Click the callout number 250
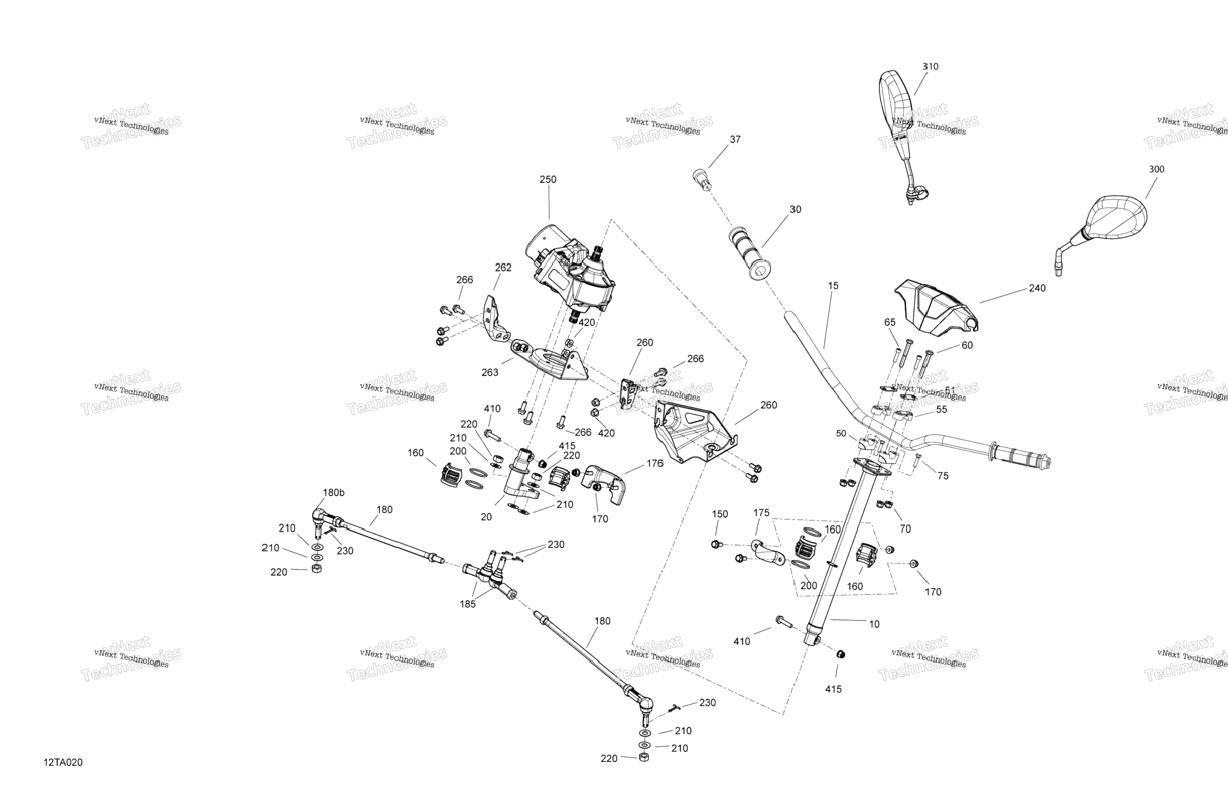(x=547, y=180)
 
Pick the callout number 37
(x=735, y=139)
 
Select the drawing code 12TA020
(x=63, y=763)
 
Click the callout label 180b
(x=333, y=493)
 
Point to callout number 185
(x=468, y=604)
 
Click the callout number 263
(x=489, y=373)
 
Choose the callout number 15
(x=833, y=286)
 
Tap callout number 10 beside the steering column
(x=874, y=624)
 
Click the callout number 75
(x=943, y=476)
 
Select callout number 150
(x=720, y=514)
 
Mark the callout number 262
(x=503, y=268)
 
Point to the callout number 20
(x=486, y=517)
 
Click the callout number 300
(x=1156, y=169)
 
